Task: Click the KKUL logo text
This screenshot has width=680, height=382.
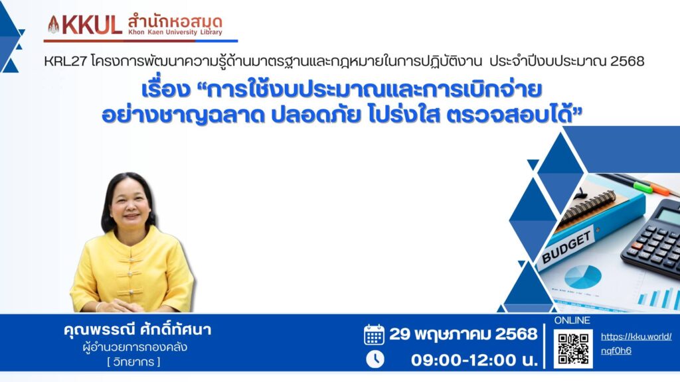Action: point(92,25)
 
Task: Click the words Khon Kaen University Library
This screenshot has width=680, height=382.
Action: point(175,32)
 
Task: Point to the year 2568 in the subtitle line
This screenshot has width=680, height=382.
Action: point(627,61)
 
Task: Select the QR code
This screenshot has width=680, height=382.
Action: point(572,349)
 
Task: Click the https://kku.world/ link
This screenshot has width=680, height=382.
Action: point(636,337)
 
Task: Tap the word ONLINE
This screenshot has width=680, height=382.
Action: point(572,320)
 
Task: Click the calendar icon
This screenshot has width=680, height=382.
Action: point(374,334)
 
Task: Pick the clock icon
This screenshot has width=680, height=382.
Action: point(375,359)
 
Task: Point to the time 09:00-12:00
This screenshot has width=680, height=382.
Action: point(464,360)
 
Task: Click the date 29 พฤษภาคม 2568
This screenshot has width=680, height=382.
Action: point(463,334)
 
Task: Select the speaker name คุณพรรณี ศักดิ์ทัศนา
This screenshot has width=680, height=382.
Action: point(137,330)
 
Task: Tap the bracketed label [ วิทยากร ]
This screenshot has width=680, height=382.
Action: point(133,361)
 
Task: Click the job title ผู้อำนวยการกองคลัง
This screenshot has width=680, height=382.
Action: point(135,348)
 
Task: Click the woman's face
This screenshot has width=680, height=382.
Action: point(130,204)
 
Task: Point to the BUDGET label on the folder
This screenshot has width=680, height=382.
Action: point(566,246)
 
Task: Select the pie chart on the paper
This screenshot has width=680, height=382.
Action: point(582,277)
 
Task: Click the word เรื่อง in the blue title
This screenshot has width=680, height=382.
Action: point(166,90)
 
